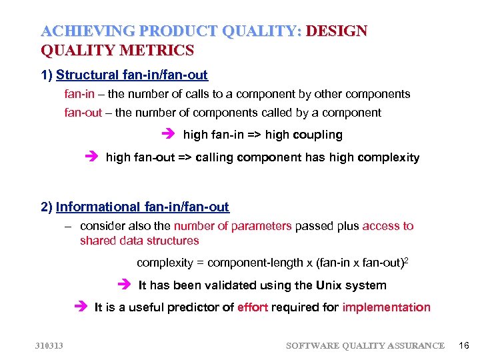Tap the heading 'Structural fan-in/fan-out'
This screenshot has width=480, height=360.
132,75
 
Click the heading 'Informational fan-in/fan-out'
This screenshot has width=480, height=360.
142,207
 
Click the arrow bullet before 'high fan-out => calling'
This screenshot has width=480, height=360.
91,157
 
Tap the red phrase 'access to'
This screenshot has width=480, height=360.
388,226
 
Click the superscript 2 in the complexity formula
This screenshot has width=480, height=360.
406,260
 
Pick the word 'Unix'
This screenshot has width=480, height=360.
330,285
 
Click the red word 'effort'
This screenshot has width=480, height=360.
253,307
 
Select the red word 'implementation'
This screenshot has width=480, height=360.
387,307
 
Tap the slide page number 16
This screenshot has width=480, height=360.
464,345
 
